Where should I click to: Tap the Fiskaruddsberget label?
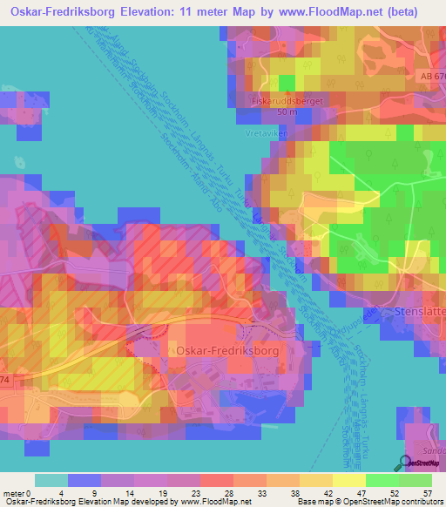coord(287,101)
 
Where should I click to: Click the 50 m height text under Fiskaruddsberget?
coord(287,113)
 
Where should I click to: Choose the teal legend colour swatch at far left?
coord(51,480)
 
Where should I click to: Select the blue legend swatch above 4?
coord(84,480)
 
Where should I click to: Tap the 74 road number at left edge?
coord(4,379)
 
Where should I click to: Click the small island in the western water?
coord(19,161)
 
